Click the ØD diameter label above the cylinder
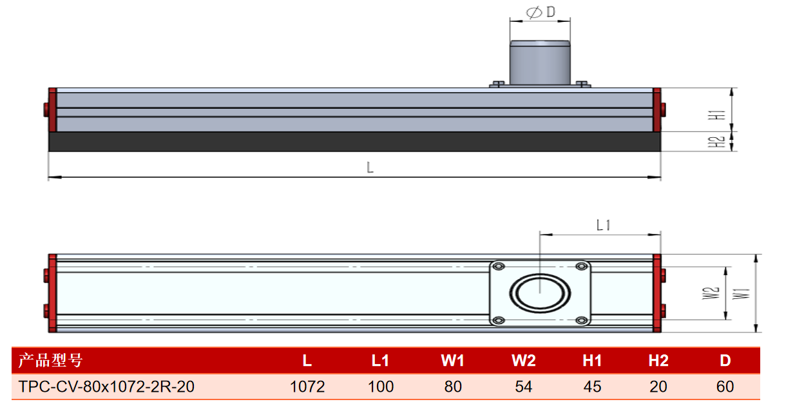pos(541,12)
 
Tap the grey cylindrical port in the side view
pos(540,62)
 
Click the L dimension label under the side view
pos(370,168)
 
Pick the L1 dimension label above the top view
pos(604,225)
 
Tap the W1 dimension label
pos(742,294)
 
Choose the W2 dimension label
pos(711,293)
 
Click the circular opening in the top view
pos(540,293)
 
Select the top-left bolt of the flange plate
pos(499,267)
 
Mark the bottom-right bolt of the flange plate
pos(581,320)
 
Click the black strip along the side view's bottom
pos(355,142)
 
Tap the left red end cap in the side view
pos(52,110)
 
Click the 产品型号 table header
pos(50,360)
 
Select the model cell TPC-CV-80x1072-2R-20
pos(106,387)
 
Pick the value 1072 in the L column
pos(307,387)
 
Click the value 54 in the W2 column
pos(524,387)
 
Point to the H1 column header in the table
pos(592,360)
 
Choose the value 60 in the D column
pos(725,387)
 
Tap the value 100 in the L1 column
pos(381,387)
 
